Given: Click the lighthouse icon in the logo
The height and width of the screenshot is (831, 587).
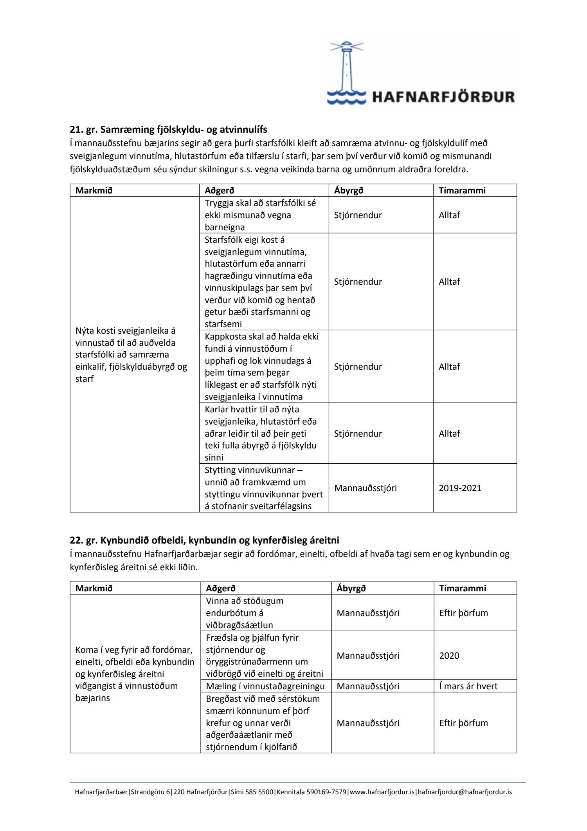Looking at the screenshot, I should click(346, 72).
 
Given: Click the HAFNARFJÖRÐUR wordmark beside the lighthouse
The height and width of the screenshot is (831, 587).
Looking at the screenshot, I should click(443, 97).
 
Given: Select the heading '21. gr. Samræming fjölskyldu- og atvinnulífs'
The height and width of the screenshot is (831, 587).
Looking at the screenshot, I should click(168, 129).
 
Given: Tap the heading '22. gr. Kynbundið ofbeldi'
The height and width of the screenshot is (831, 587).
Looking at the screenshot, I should click(204, 540).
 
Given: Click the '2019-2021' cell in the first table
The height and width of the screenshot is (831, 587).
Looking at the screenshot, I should click(460, 488).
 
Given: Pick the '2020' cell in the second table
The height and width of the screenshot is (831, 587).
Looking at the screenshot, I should click(449, 656).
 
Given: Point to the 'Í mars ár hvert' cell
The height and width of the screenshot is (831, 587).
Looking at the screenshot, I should click(468, 686).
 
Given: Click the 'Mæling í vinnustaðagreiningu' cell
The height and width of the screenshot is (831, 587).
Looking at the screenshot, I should click(265, 686).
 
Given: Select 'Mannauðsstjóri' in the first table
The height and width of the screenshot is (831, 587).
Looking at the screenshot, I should click(365, 488).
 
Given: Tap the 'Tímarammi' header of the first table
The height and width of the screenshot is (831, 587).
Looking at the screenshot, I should click(462, 190).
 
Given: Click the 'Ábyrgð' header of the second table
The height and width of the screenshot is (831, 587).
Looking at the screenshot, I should click(351, 588).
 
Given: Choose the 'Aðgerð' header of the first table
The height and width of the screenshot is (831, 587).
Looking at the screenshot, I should click(219, 190).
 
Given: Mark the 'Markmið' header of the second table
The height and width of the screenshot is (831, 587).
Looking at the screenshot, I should click(94, 588).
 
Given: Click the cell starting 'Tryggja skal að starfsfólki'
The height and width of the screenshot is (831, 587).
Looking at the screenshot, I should click(260, 215).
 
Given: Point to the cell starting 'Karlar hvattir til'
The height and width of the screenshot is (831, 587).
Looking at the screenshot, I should click(261, 433).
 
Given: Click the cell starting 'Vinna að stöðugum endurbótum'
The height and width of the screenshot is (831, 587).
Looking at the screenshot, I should click(245, 613).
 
